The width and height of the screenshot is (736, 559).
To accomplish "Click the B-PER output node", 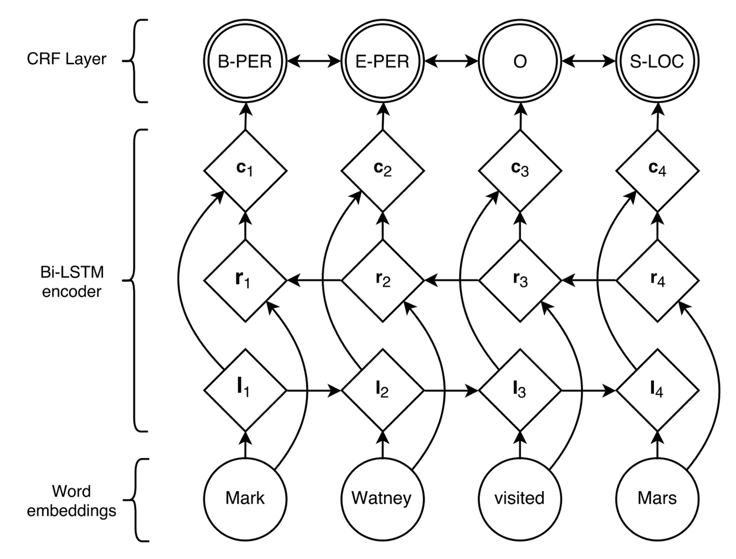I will [245, 61].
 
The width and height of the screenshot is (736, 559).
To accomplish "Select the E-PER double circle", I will [383, 61].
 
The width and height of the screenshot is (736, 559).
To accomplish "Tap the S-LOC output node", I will [657, 61].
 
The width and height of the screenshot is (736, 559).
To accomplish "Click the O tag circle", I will [520, 61].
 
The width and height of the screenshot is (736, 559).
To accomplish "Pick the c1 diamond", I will [245, 170].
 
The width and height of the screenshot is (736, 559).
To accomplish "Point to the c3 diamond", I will [520, 170].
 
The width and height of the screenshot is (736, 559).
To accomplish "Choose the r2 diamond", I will [383, 281].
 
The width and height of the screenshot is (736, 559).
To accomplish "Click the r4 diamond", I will [657, 281].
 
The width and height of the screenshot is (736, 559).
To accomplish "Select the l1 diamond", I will [245, 390].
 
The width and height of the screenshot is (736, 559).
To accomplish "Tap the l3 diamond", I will [520, 390].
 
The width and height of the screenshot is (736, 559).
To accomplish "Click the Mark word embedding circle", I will [245, 498].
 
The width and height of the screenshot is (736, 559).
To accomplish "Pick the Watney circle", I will [383, 498].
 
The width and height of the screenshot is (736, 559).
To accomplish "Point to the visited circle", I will [520, 498].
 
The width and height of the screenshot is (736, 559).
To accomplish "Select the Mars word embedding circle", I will [657, 498].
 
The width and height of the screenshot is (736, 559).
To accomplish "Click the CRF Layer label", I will [66, 59].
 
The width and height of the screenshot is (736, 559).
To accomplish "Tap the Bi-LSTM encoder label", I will [72, 282].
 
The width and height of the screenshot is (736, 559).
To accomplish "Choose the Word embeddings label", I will [72, 500].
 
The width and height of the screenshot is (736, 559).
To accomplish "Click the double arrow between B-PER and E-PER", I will [314, 61].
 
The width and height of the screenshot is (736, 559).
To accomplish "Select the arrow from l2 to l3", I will [451, 390].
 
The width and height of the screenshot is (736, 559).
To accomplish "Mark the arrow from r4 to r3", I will [589, 281].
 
